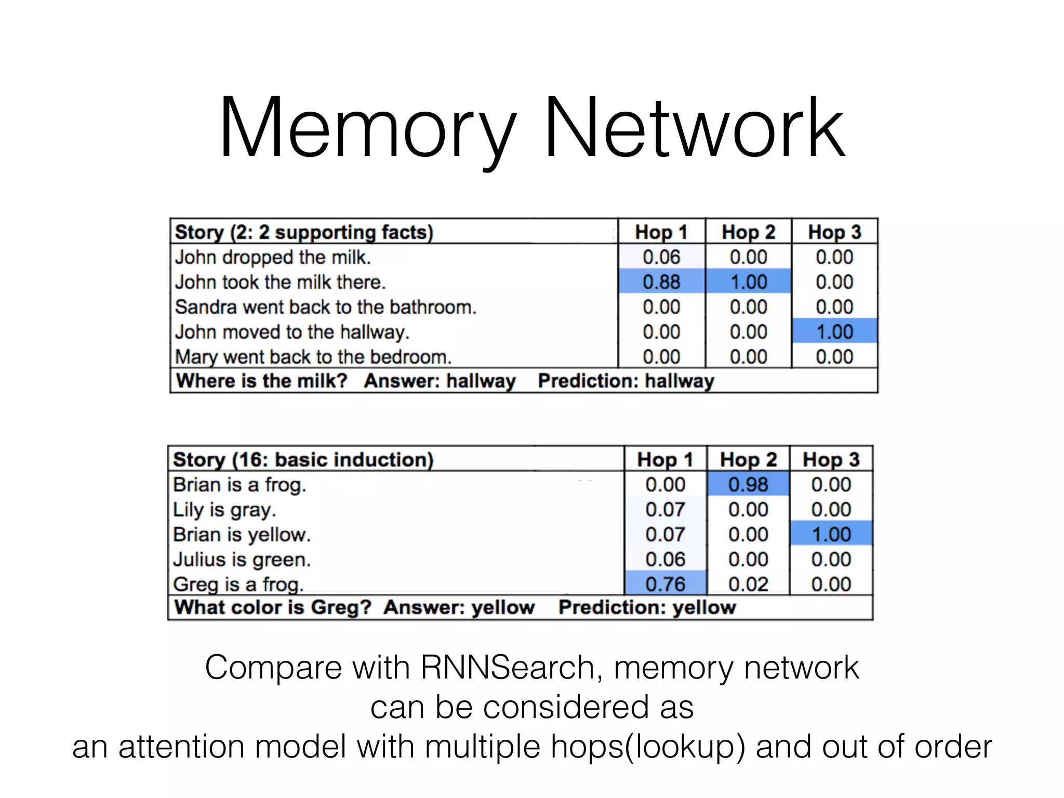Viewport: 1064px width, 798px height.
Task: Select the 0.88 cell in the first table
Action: point(661,282)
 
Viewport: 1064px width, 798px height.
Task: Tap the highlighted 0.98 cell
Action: point(748,485)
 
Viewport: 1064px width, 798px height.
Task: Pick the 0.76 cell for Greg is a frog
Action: point(665,584)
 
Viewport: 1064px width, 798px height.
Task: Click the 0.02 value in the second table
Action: point(748,584)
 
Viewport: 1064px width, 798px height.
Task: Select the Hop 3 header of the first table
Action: point(834,232)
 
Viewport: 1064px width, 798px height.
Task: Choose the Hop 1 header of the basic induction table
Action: point(665,460)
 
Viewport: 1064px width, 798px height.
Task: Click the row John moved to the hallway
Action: point(292,332)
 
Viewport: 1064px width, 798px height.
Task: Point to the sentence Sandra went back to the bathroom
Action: point(326,307)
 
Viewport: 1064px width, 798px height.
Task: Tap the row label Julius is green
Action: point(242,560)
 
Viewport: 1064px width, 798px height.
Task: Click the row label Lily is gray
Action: point(224,510)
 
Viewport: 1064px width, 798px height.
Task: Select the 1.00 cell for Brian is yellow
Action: point(831,535)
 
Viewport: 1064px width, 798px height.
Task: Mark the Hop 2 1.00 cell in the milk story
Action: point(748,282)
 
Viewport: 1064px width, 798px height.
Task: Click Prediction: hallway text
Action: point(626,381)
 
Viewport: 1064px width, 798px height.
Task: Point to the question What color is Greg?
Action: point(273,607)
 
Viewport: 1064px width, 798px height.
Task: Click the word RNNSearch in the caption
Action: point(508,668)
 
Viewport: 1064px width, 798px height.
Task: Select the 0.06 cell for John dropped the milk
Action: point(661,257)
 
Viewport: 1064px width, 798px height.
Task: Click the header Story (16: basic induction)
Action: point(303,460)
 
